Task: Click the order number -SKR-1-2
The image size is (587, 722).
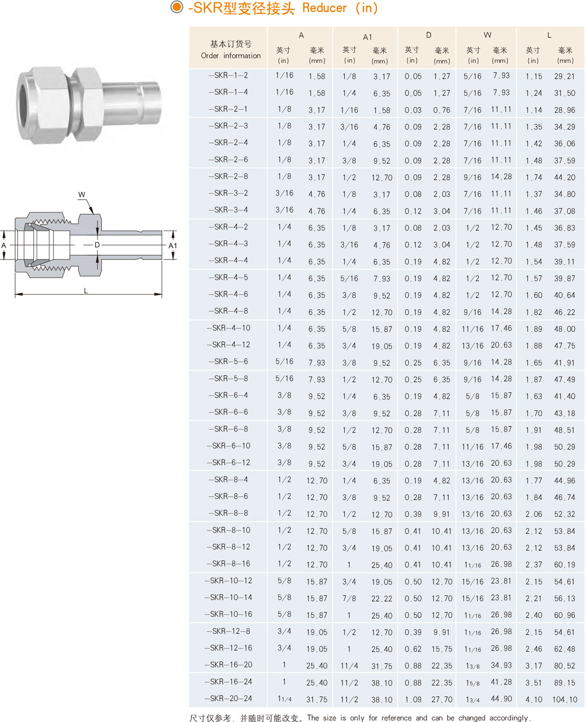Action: pyautogui.click(x=228, y=75)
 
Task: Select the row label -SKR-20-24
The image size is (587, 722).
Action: pyautogui.click(x=228, y=699)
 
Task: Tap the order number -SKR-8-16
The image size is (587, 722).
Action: pyautogui.click(x=228, y=563)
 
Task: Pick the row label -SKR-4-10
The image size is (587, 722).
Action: pyautogui.click(x=228, y=328)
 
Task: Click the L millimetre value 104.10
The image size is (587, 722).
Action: pyautogui.click(x=564, y=699)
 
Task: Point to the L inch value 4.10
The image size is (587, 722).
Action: pyautogui.click(x=534, y=699)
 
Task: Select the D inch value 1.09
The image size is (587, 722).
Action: pyautogui.click(x=413, y=699)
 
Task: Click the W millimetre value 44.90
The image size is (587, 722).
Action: pyautogui.click(x=501, y=699)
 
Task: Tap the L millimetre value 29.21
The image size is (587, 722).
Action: pyautogui.click(x=564, y=76)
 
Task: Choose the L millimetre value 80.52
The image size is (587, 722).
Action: pyautogui.click(x=564, y=666)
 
